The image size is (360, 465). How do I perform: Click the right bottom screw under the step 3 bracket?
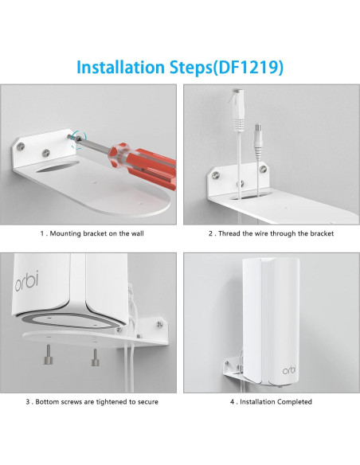[x=94, y=353]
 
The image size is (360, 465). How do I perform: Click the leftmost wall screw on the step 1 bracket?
[x=16, y=146]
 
